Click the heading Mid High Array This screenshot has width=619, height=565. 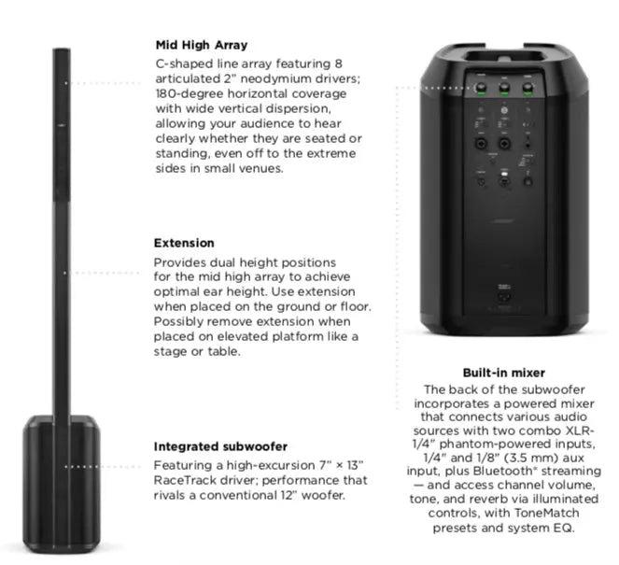click(x=202, y=45)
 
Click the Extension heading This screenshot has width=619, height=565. click(x=184, y=243)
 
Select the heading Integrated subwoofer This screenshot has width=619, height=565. click(x=220, y=446)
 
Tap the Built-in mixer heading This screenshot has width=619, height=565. click(x=504, y=373)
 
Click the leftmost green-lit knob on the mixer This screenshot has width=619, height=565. click(x=481, y=88)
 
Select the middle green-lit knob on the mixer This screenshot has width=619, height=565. click(x=504, y=88)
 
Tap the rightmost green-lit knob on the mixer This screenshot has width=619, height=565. click(x=528, y=88)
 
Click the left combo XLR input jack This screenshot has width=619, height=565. click(x=481, y=143)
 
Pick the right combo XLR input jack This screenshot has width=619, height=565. click(x=504, y=143)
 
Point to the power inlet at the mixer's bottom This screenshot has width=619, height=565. click(x=504, y=297)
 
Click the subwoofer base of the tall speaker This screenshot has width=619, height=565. click(x=62, y=484)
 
